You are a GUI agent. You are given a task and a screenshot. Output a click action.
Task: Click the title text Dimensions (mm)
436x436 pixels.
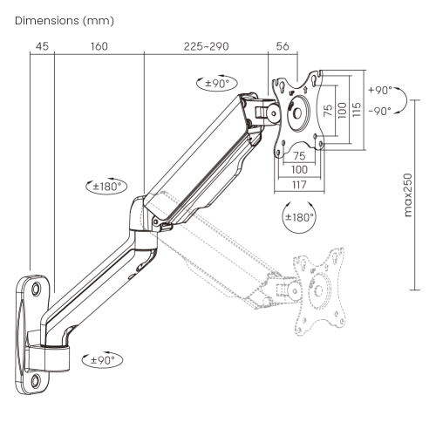[x=59, y=19]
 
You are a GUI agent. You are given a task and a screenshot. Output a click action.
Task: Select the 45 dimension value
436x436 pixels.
[x=41, y=47]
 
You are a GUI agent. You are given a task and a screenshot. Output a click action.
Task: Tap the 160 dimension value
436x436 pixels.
[x=98, y=47]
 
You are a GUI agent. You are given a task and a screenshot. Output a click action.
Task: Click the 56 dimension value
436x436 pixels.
[x=282, y=47]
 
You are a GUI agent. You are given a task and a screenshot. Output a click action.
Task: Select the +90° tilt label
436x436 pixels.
[x=379, y=90]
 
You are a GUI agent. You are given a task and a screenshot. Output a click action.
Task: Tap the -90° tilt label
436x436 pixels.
[x=379, y=111]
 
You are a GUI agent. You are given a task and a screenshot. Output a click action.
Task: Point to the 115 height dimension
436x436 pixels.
[x=356, y=112]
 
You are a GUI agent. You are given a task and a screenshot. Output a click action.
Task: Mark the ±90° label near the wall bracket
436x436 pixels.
[x=103, y=359]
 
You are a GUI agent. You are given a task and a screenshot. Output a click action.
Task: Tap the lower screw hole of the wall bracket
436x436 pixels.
[x=36, y=379]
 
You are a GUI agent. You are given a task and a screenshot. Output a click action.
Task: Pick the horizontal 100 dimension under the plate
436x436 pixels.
[x=299, y=168]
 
